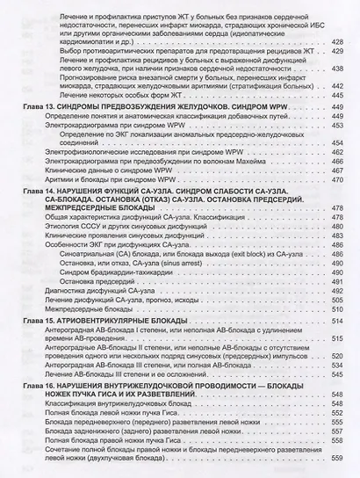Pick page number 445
click(x=338, y=98)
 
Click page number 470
click(x=338, y=180)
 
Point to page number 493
click(x=338, y=281)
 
